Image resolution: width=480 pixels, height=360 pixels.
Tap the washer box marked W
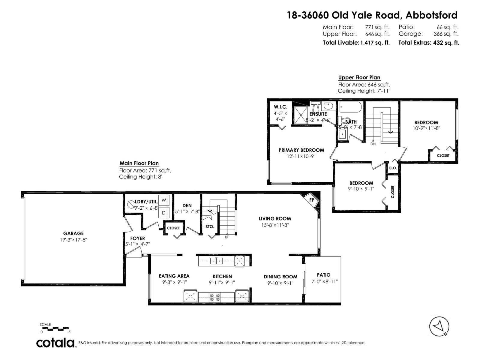click(164, 200)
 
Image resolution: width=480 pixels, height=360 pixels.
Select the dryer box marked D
click(164, 213)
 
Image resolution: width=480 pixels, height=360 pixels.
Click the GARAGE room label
click(73, 233)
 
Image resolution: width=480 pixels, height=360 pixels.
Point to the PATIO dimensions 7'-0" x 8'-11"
click(324, 281)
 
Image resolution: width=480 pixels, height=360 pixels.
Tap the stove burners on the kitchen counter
click(214, 297)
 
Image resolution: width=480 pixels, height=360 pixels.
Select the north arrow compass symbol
click(439, 326)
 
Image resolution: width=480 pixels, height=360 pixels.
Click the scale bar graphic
click(56, 328)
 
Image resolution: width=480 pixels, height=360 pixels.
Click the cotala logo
click(56, 343)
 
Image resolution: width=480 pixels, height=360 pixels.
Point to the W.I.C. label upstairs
click(280, 107)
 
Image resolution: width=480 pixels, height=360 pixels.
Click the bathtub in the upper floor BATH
click(351, 107)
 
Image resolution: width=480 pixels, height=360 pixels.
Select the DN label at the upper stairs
click(373, 144)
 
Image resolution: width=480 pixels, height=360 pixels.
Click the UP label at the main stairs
click(227, 237)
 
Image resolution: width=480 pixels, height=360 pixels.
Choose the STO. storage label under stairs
click(210, 226)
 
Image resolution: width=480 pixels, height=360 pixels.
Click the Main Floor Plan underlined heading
click(139, 163)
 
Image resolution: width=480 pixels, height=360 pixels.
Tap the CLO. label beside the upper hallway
click(392, 168)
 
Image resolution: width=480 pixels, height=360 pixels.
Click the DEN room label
click(187, 205)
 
